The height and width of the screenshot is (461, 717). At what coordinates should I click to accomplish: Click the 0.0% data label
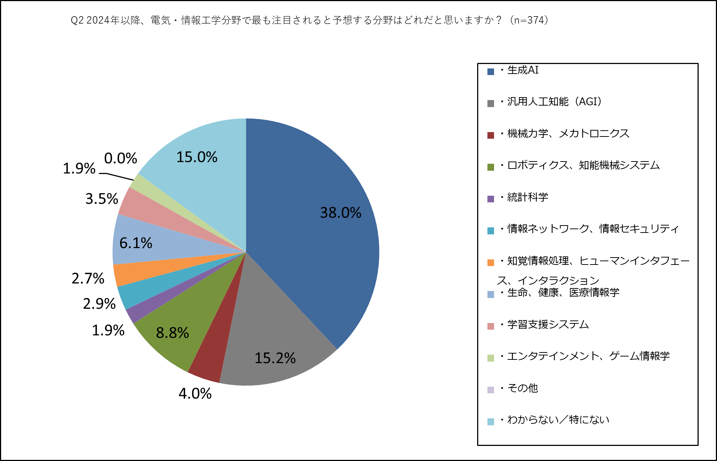click(120, 159)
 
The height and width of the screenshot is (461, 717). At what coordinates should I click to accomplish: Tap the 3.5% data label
click(101, 199)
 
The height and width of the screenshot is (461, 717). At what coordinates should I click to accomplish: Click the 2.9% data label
click(99, 304)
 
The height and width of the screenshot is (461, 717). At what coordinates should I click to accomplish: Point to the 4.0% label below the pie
click(195, 394)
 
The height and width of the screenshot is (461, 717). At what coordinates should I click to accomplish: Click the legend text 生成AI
click(523, 70)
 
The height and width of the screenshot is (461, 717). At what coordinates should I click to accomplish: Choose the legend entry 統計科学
click(527, 197)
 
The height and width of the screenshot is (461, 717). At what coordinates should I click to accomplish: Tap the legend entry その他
click(522, 388)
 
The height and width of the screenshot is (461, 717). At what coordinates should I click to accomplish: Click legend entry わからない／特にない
click(558, 420)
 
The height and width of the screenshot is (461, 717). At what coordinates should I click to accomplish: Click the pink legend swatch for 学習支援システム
click(491, 326)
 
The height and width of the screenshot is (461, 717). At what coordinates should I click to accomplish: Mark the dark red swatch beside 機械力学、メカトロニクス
click(491, 135)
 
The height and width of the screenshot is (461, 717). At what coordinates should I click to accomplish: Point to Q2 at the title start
click(77, 20)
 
